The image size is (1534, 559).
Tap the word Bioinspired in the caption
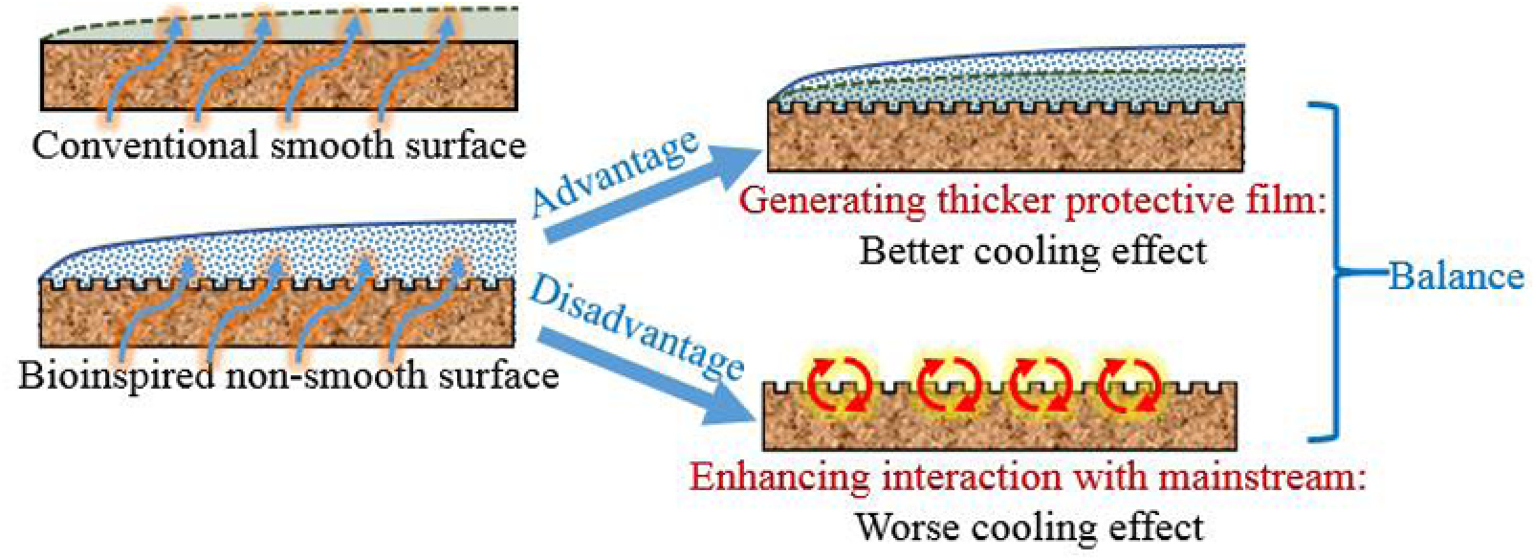(x=116, y=374)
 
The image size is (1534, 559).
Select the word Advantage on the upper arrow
(x=613, y=172)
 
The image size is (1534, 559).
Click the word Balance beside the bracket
(x=1456, y=276)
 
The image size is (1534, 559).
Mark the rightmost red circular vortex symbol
(x=1129, y=386)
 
